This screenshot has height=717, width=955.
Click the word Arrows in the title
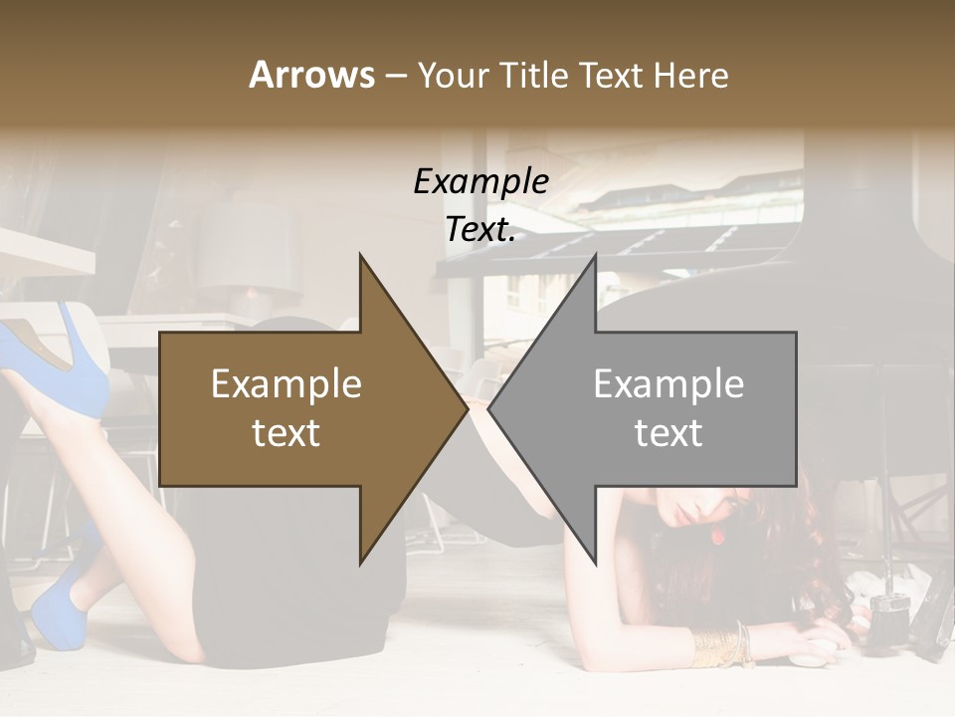[x=311, y=75]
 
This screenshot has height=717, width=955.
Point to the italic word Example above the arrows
[x=480, y=181]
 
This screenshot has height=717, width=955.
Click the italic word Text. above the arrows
[x=480, y=229]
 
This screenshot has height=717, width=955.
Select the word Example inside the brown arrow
[x=286, y=384]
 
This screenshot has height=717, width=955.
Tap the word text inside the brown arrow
[x=286, y=433]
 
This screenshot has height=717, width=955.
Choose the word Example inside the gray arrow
[x=668, y=384]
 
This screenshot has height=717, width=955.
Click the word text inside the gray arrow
[x=668, y=433]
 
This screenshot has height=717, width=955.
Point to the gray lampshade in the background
[x=249, y=249]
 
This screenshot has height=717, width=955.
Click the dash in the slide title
[x=395, y=76]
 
